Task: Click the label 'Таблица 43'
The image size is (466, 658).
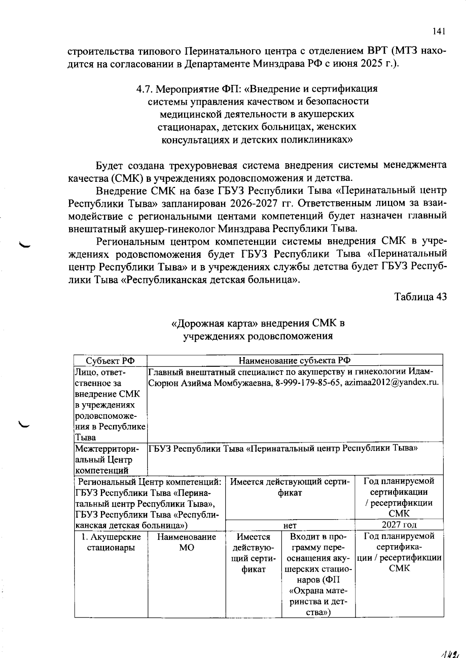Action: [421, 297]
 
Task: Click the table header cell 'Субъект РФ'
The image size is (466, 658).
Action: [110, 361]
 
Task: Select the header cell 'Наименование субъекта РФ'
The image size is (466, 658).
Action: [295, 361]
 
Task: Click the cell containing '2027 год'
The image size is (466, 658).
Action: [399, 525]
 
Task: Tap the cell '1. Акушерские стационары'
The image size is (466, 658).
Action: [111, 542]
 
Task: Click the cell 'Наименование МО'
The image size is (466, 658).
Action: [186, 542]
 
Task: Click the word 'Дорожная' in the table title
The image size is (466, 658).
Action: [202, 323]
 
